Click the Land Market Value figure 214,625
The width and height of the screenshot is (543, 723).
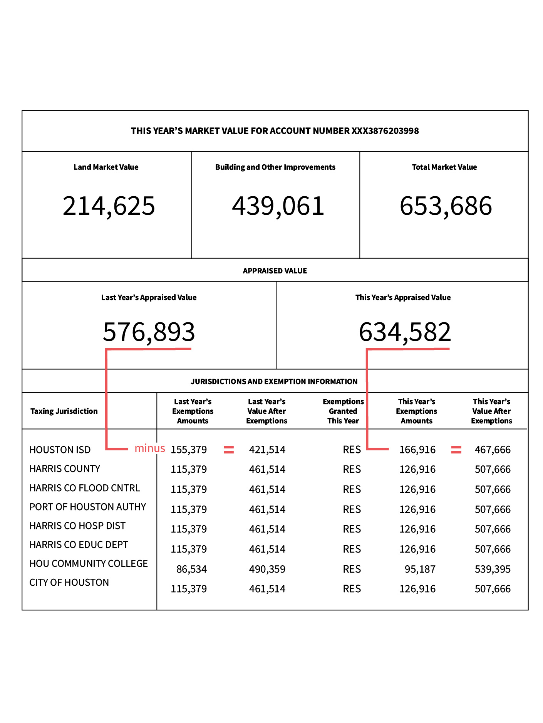tap(109, 206)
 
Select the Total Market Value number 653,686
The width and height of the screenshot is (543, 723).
tap(446, 206)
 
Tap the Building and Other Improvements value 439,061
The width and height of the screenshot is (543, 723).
tap(278, 206)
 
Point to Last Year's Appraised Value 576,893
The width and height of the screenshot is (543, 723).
tap(149, 332)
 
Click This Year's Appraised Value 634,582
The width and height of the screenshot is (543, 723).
tap(405, 332)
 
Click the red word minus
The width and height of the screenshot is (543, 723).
tap(150, 448)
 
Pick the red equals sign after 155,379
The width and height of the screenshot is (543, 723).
tap(229, 450)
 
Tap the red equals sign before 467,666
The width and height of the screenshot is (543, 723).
tap(456, 450)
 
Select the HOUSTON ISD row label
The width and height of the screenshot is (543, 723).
tap(60, 450)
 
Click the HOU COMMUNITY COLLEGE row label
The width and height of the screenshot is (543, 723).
tap(89, 564)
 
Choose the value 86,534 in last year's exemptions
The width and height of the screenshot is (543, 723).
tap(191, 569)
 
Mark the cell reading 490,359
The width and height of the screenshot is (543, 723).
tap(267, 569)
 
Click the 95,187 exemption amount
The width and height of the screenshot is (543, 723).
tap(420, 569)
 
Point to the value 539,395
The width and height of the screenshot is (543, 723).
tap(493, 569)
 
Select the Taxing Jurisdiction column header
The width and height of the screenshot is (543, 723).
tap(64, 411)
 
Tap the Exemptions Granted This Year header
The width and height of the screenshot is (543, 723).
tap(343, 411)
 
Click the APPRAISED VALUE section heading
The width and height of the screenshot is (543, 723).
tap(275, 271)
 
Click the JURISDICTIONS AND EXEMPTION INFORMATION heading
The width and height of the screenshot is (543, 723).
tap(274, 381)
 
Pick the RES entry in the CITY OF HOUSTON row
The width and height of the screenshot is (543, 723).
tap(352, 589)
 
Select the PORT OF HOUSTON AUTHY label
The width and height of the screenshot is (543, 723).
tap(88, 507)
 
